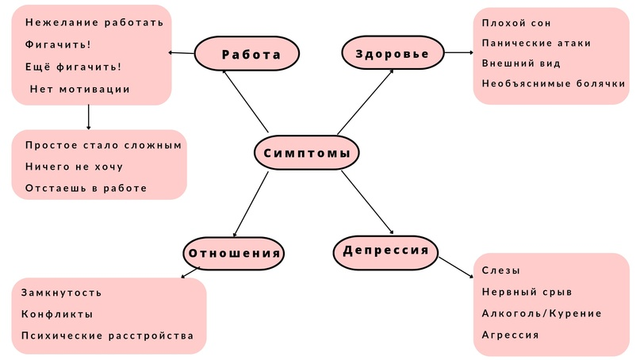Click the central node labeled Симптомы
305,153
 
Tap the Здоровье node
392,54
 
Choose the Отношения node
234,254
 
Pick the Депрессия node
385,251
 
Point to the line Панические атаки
535,43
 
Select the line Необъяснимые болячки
554,83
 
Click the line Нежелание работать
94,22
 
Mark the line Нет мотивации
79,89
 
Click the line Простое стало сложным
104,145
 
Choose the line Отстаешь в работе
86,188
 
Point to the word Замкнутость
61,293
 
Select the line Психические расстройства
107,335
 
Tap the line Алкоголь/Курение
542,313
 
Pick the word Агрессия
510,335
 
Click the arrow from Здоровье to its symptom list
458,54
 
